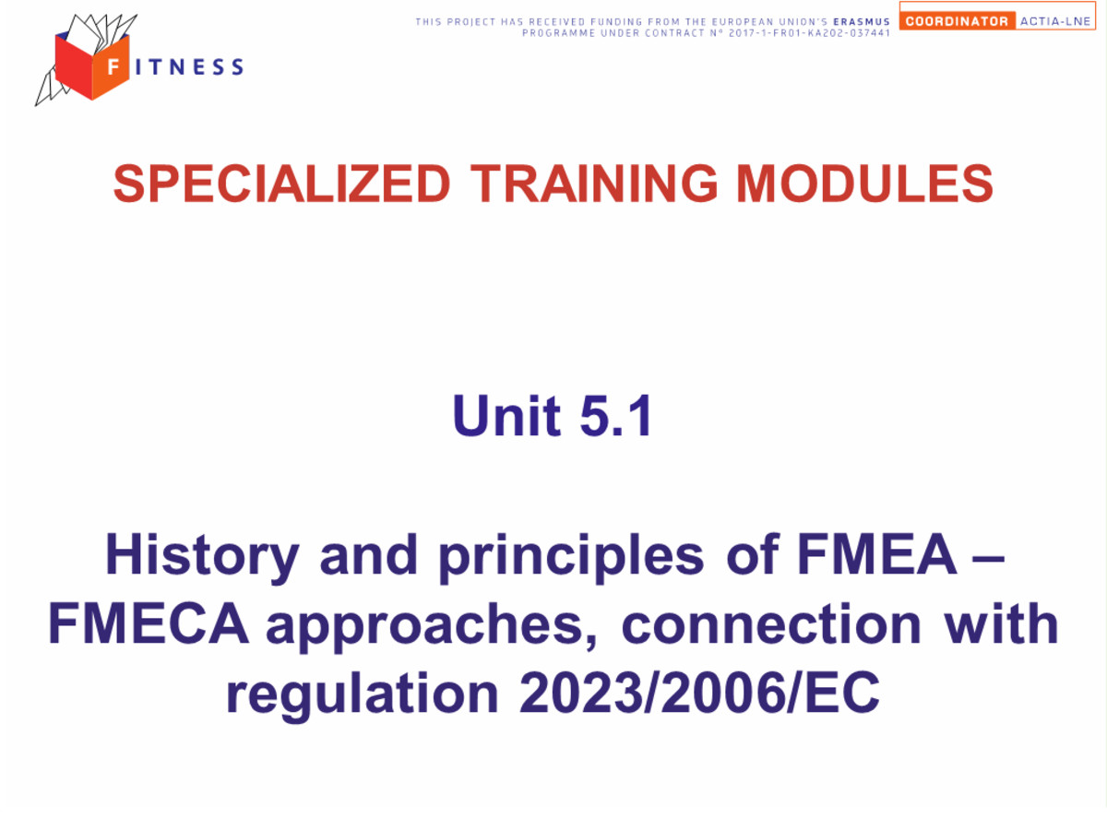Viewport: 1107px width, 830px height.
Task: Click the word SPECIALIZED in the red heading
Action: point(281,184)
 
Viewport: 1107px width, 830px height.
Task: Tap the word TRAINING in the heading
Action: point(592,184)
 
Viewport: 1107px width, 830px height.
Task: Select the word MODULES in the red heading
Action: point(863,184)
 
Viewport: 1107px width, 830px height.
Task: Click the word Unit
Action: point(506,415)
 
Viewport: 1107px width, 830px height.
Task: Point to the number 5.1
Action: point(615,415)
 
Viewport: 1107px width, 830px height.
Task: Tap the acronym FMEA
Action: point(876,554)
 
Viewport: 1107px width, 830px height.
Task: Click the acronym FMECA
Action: point(149,624)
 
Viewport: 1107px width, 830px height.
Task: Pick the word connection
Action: point(771,624)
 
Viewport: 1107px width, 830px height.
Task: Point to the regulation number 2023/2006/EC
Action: point(699,693)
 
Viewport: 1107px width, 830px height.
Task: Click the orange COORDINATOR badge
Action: point(957,21)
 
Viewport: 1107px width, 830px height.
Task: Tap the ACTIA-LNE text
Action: point(1054,21)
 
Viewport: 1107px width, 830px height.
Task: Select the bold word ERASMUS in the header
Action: point(862,21)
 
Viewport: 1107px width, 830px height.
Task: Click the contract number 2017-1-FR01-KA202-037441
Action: point(809,33)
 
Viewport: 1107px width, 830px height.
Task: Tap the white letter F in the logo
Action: point(113,66)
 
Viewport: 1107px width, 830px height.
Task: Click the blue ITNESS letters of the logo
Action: point(189,66)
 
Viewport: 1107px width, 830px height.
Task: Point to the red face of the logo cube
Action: point(74,67)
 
